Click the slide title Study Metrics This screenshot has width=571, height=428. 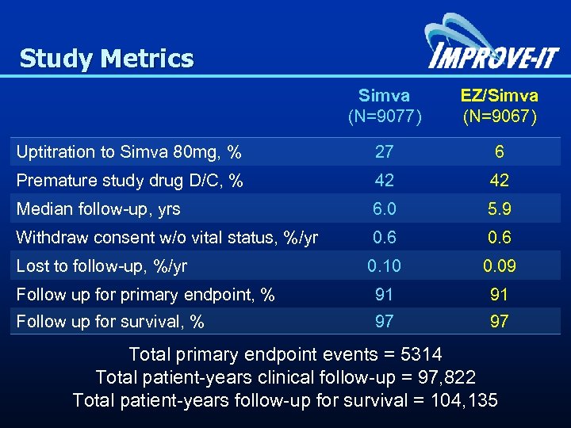106,59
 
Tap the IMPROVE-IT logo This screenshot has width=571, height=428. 492,47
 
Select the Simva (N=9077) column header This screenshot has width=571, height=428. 385,106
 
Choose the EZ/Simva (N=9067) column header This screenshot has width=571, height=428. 500,106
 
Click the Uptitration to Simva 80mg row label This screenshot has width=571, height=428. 129,152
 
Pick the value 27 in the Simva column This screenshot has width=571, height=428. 385,152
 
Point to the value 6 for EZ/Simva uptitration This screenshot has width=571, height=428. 500,152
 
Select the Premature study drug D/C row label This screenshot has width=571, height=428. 129,181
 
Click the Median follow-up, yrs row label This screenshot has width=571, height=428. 98,209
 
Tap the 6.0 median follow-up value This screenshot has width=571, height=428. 385,209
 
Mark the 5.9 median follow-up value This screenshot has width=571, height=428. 500,209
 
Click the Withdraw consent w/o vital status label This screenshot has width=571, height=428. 167,238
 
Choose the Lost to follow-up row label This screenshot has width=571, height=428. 102,266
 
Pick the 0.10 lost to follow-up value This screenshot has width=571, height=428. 385,266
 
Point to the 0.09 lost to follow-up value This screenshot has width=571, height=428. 500,266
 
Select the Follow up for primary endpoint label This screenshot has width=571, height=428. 146,295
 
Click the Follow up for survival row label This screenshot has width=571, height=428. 111,322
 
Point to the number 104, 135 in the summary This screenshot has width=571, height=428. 463,400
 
